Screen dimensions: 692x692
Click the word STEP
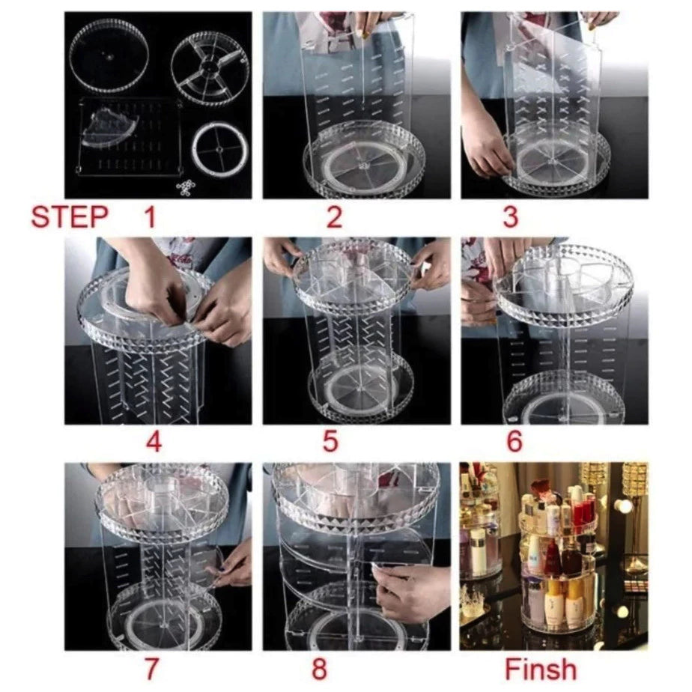[70, 216]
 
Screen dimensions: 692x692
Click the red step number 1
[151, 217]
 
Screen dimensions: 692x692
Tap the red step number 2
[334, 217]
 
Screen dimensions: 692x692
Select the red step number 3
[510, 217]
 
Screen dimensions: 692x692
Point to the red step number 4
[153, 441]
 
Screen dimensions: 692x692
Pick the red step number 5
[330, 441]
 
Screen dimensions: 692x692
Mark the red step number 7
[151, 669]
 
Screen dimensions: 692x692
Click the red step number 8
[319, 669]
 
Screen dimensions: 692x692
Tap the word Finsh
[541, 669]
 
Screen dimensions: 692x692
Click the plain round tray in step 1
[109, 55]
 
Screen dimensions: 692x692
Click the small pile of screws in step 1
[187, 186]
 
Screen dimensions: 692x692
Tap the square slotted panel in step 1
[130, 138]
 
